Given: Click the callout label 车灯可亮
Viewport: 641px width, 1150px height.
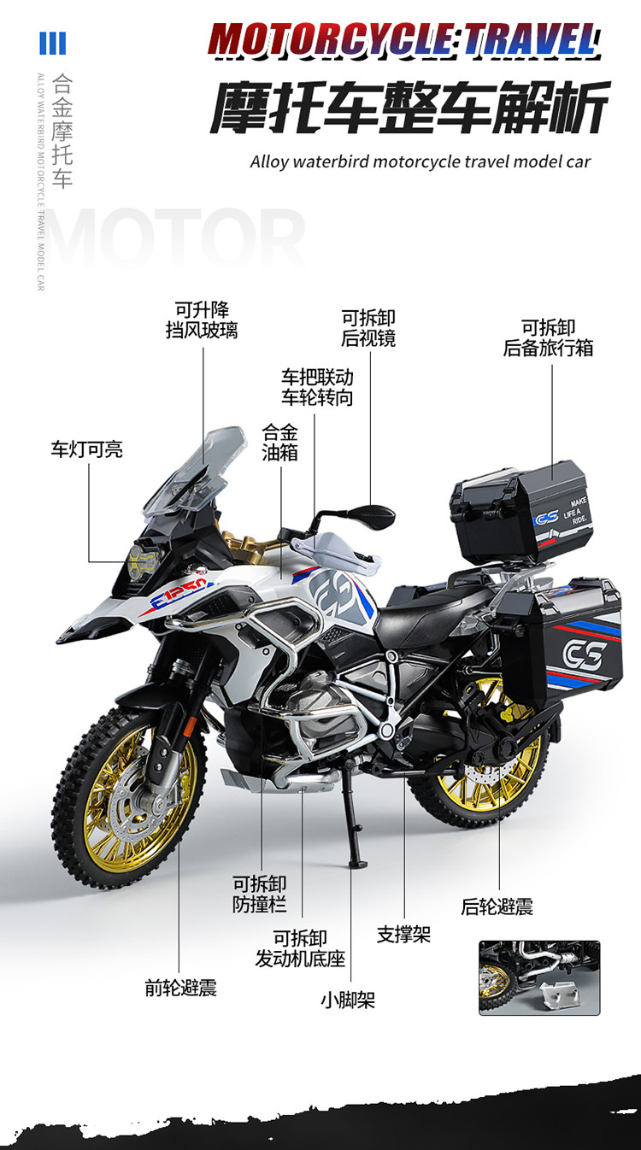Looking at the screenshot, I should coord(86,449).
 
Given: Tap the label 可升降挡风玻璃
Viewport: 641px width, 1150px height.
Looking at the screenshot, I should coord(202,320).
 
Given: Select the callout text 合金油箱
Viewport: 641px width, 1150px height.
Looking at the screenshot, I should coord(280,443).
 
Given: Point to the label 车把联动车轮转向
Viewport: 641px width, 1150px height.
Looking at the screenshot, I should coord(317,387).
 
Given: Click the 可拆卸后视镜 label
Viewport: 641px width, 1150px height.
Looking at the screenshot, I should coord(368,328).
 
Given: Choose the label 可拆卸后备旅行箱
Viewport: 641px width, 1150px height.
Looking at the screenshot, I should coord(548,337).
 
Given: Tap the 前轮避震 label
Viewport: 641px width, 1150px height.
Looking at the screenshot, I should coord(180,988).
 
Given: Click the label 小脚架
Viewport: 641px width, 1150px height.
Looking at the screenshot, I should coord(348,1000).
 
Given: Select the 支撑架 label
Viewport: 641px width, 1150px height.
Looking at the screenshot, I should coord(404,934).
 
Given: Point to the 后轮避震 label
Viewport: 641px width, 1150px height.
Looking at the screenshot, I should coord(497,907).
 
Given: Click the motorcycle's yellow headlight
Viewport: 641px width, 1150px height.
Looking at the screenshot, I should coord(142,560).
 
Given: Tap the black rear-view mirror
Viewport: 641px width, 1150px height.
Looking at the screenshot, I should coord(373,515).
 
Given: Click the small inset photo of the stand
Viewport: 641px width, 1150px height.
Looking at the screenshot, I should coord(538,977).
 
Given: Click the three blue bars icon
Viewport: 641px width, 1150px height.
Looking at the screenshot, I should coord(53,43).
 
